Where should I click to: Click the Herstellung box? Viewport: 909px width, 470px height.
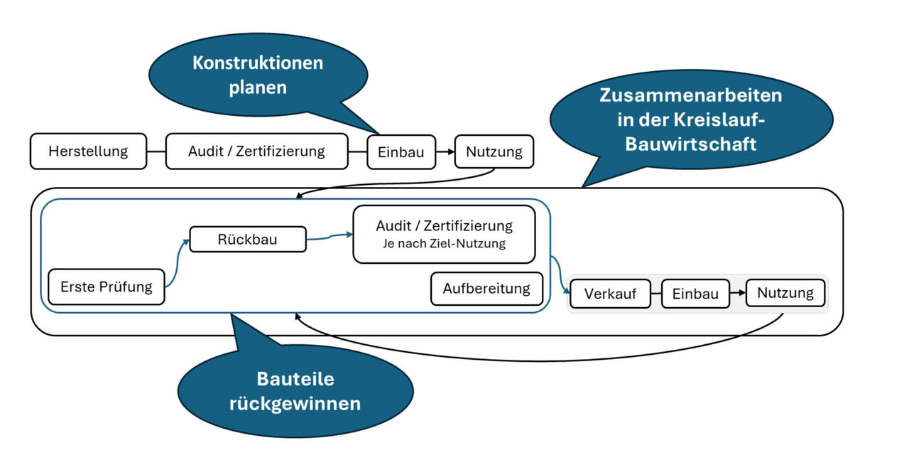click(88, 151)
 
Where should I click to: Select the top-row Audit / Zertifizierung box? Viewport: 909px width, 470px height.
click(256, 151)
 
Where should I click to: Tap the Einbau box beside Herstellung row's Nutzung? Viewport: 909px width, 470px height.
click(401, 152)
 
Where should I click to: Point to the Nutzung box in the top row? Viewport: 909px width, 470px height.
click(494, 151)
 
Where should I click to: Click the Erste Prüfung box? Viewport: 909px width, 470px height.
click(106, 287)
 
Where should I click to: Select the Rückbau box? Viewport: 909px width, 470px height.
click(247, 240)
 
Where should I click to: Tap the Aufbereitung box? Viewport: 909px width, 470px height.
click(486, 289)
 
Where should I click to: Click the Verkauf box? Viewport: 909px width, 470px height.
click(610, 294)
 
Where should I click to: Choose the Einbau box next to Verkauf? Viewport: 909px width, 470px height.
click(695, 294)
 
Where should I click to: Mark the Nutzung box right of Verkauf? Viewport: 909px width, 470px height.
click(785, 293)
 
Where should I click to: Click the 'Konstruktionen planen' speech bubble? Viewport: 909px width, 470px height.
click(258, 74)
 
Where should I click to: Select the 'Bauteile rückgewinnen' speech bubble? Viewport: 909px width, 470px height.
click(295, 391)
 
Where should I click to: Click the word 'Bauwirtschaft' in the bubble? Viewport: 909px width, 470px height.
click(690, 144)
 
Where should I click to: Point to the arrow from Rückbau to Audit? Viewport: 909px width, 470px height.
click(330, 237)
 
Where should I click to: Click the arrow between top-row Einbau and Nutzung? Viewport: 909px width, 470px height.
click(445, 152)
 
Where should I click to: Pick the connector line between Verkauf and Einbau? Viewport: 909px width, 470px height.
click(655, 294)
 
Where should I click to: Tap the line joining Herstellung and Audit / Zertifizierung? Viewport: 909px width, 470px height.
click(156, 151)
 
